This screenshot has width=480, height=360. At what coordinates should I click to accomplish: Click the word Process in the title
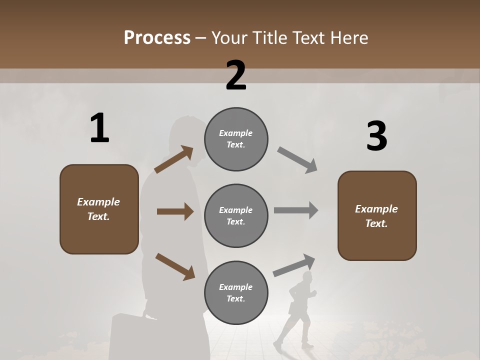(157, 37)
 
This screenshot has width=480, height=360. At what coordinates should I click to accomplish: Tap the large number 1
(99, 128)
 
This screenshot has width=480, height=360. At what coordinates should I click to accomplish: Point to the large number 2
(236, 75)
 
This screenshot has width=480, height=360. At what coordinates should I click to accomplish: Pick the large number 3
(376, 136)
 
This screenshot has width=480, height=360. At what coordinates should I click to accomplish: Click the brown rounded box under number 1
(99, 209)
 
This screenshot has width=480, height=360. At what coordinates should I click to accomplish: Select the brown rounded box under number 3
(377, 215)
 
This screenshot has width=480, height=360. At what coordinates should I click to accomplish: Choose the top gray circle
(236, 139)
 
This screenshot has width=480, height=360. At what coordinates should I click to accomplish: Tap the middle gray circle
(236, 215)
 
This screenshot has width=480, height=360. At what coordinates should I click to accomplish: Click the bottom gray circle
(236, 292)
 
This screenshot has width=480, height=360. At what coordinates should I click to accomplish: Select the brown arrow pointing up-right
(174, 159)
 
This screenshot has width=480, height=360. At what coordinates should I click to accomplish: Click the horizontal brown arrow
(175, 211)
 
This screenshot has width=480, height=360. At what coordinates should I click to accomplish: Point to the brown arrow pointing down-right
(175, 266)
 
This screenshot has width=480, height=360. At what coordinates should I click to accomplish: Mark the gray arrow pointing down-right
(297, 160)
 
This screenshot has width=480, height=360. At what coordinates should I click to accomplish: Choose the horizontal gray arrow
(296, 210)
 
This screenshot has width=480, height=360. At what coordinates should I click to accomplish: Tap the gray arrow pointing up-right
(294, 265)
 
